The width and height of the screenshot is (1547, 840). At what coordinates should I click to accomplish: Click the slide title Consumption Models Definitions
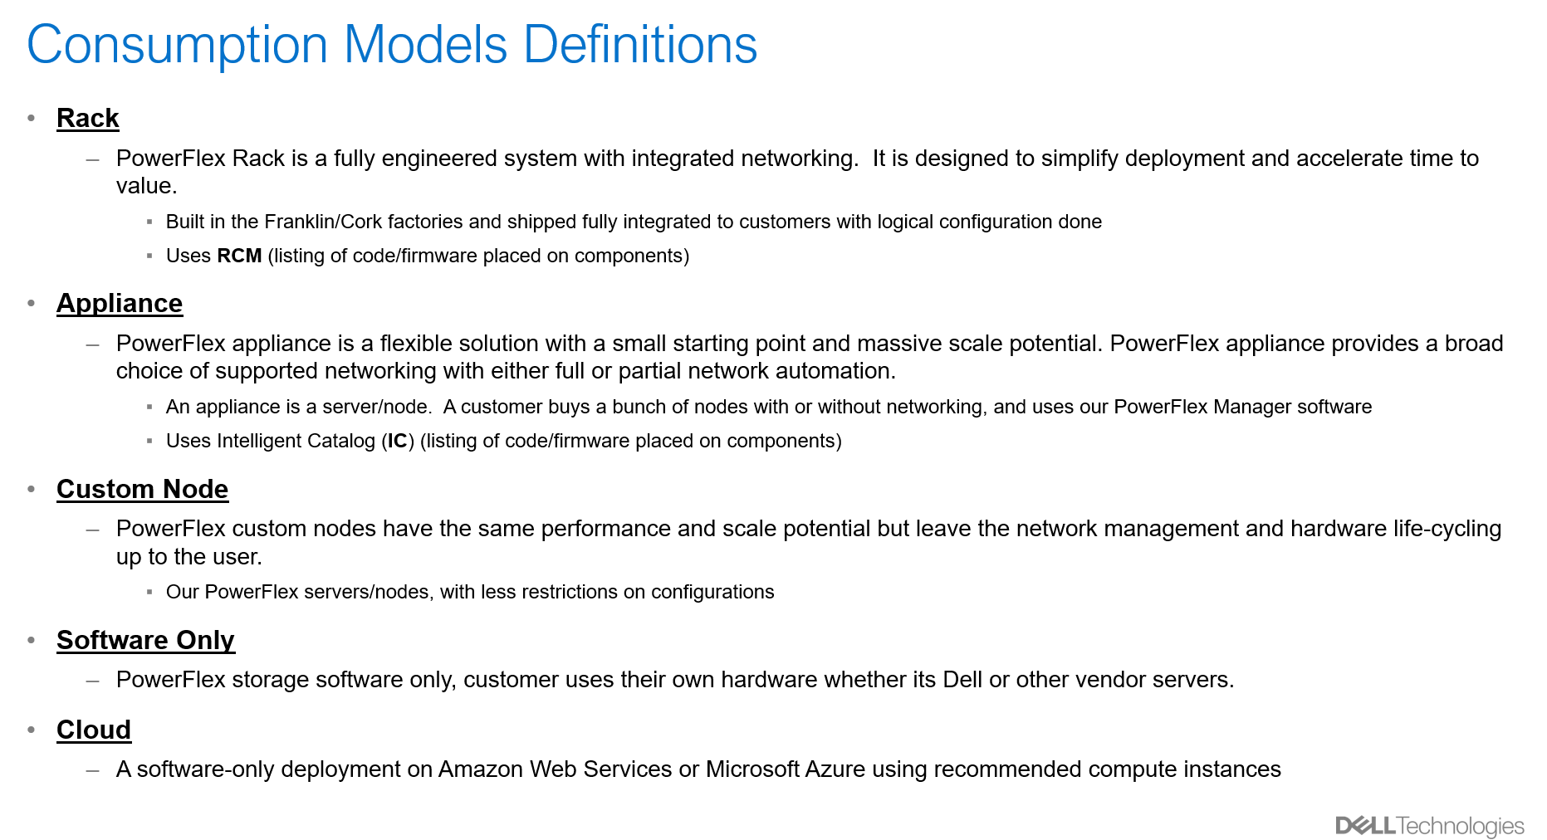392,45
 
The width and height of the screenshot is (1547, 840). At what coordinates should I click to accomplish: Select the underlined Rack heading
88,119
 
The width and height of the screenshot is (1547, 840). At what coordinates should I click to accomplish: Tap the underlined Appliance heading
120,304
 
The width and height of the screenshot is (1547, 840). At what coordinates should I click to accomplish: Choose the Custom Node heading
143,490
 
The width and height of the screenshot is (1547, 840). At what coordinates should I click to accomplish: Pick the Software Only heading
145,641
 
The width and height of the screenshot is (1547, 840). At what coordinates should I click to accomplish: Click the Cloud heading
94,730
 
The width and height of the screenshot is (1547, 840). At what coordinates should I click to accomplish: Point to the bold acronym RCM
239,256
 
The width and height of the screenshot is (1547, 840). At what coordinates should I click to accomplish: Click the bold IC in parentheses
398,441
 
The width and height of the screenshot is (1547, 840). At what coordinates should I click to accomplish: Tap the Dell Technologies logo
1430,826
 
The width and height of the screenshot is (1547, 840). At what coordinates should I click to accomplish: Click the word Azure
835,769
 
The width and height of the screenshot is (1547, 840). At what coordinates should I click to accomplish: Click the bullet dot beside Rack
32,119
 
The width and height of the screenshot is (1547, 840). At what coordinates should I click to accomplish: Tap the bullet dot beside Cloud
32,730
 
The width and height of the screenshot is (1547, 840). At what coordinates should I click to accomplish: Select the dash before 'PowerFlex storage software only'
93,681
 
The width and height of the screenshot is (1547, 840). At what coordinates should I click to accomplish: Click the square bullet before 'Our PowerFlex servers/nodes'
149,593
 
